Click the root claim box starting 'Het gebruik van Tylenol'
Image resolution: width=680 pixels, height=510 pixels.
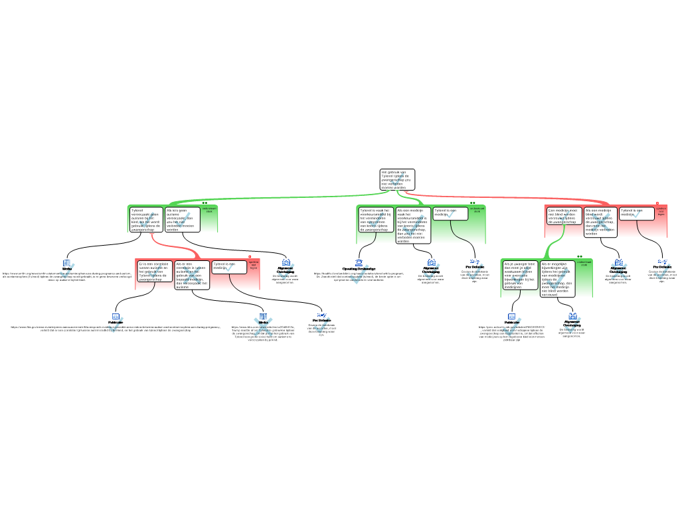point(396,179)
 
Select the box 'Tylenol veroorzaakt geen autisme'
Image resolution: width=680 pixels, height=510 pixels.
point(146,219)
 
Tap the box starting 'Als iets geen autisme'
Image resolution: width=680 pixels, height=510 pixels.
point(182,219)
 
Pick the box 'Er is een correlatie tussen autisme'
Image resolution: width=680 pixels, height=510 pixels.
point(154,271)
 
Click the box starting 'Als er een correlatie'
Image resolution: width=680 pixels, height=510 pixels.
point(192,275)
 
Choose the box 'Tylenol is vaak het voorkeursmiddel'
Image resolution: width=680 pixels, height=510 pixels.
point(376,219)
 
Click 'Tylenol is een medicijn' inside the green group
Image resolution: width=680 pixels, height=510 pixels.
point(450,213)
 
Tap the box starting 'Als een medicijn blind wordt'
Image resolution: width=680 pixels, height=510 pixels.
point(600,222)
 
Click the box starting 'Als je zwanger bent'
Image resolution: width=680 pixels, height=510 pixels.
point(519,275)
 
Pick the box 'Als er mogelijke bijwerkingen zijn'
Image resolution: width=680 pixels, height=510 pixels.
point(556,278)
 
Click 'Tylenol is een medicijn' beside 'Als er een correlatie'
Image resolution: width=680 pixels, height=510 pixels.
point(229,267)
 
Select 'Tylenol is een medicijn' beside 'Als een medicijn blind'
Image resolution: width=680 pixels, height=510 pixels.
point(637,213)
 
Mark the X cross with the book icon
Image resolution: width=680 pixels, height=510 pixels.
point(263,325)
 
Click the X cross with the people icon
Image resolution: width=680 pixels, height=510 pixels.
point(619,270)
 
